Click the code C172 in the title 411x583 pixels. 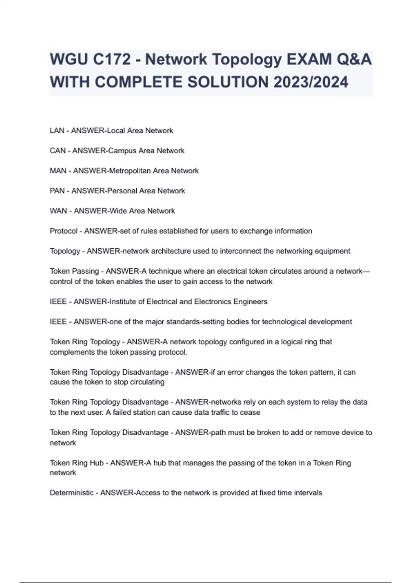[112, 60]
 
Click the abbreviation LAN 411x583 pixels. [57, 131]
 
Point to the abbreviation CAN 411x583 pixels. [58, 151]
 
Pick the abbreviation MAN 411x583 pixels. [58, 171]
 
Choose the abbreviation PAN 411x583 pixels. [57, 191]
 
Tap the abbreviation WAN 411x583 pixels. [58, 211]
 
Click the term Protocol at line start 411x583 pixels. [64, 231]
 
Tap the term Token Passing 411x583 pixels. [74, 271]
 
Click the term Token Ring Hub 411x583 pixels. [77, 463]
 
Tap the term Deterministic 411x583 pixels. [72, 493]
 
